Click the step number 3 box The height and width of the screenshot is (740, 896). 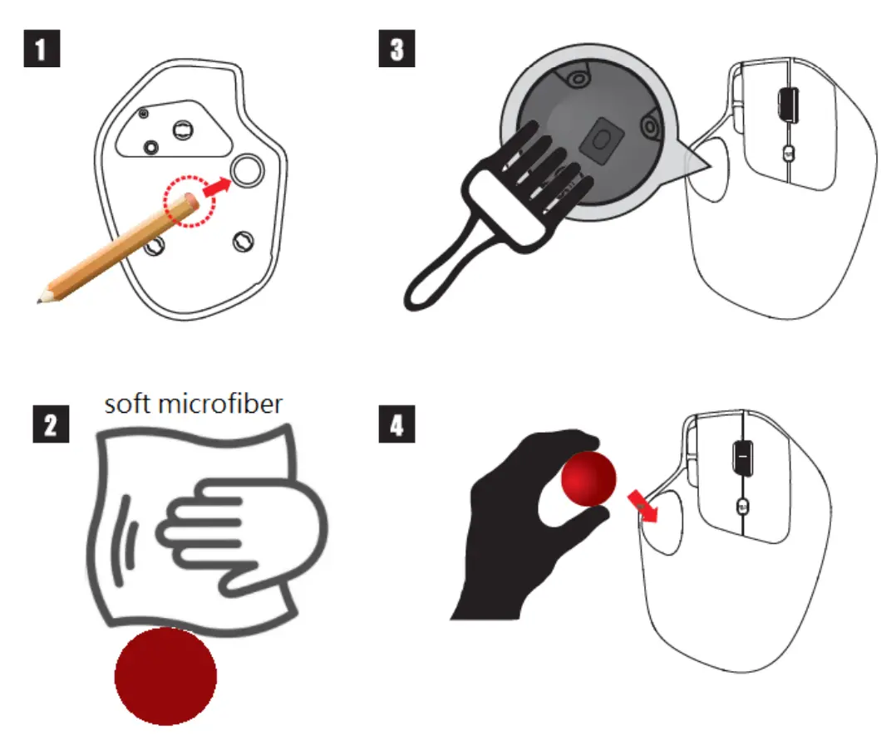[396, 49]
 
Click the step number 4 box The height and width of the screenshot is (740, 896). [396, 427]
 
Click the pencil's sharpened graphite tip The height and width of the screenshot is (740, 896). [41, 297]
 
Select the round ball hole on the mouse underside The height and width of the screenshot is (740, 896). [248, 171]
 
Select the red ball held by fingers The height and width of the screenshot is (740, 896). [588, 479]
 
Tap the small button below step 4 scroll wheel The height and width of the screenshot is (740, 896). [741, 507]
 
